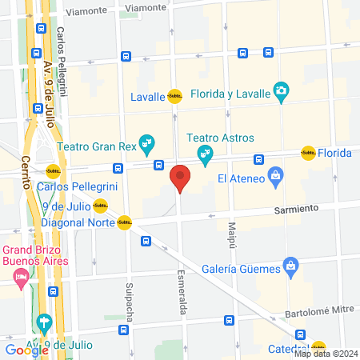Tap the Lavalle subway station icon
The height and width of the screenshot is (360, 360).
[174, 97]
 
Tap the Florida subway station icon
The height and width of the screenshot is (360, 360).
[308, 152]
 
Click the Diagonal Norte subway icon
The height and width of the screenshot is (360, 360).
[124, 223]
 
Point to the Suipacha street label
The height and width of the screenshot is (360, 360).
[128, 299]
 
